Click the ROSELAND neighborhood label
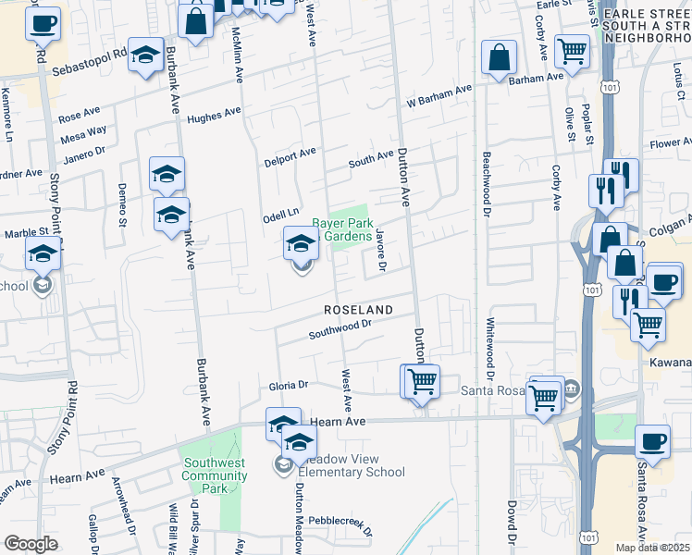(x=357, y=309)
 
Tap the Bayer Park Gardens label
(x=341, y=229)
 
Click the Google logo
(x=31, y=544)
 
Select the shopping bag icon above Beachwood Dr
(x=499, y=59)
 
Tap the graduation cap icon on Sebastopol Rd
(x=145, y=56)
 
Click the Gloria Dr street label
(x=288, y=384)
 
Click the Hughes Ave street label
(x=213, y=116)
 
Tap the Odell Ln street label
(x=281, y=213)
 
